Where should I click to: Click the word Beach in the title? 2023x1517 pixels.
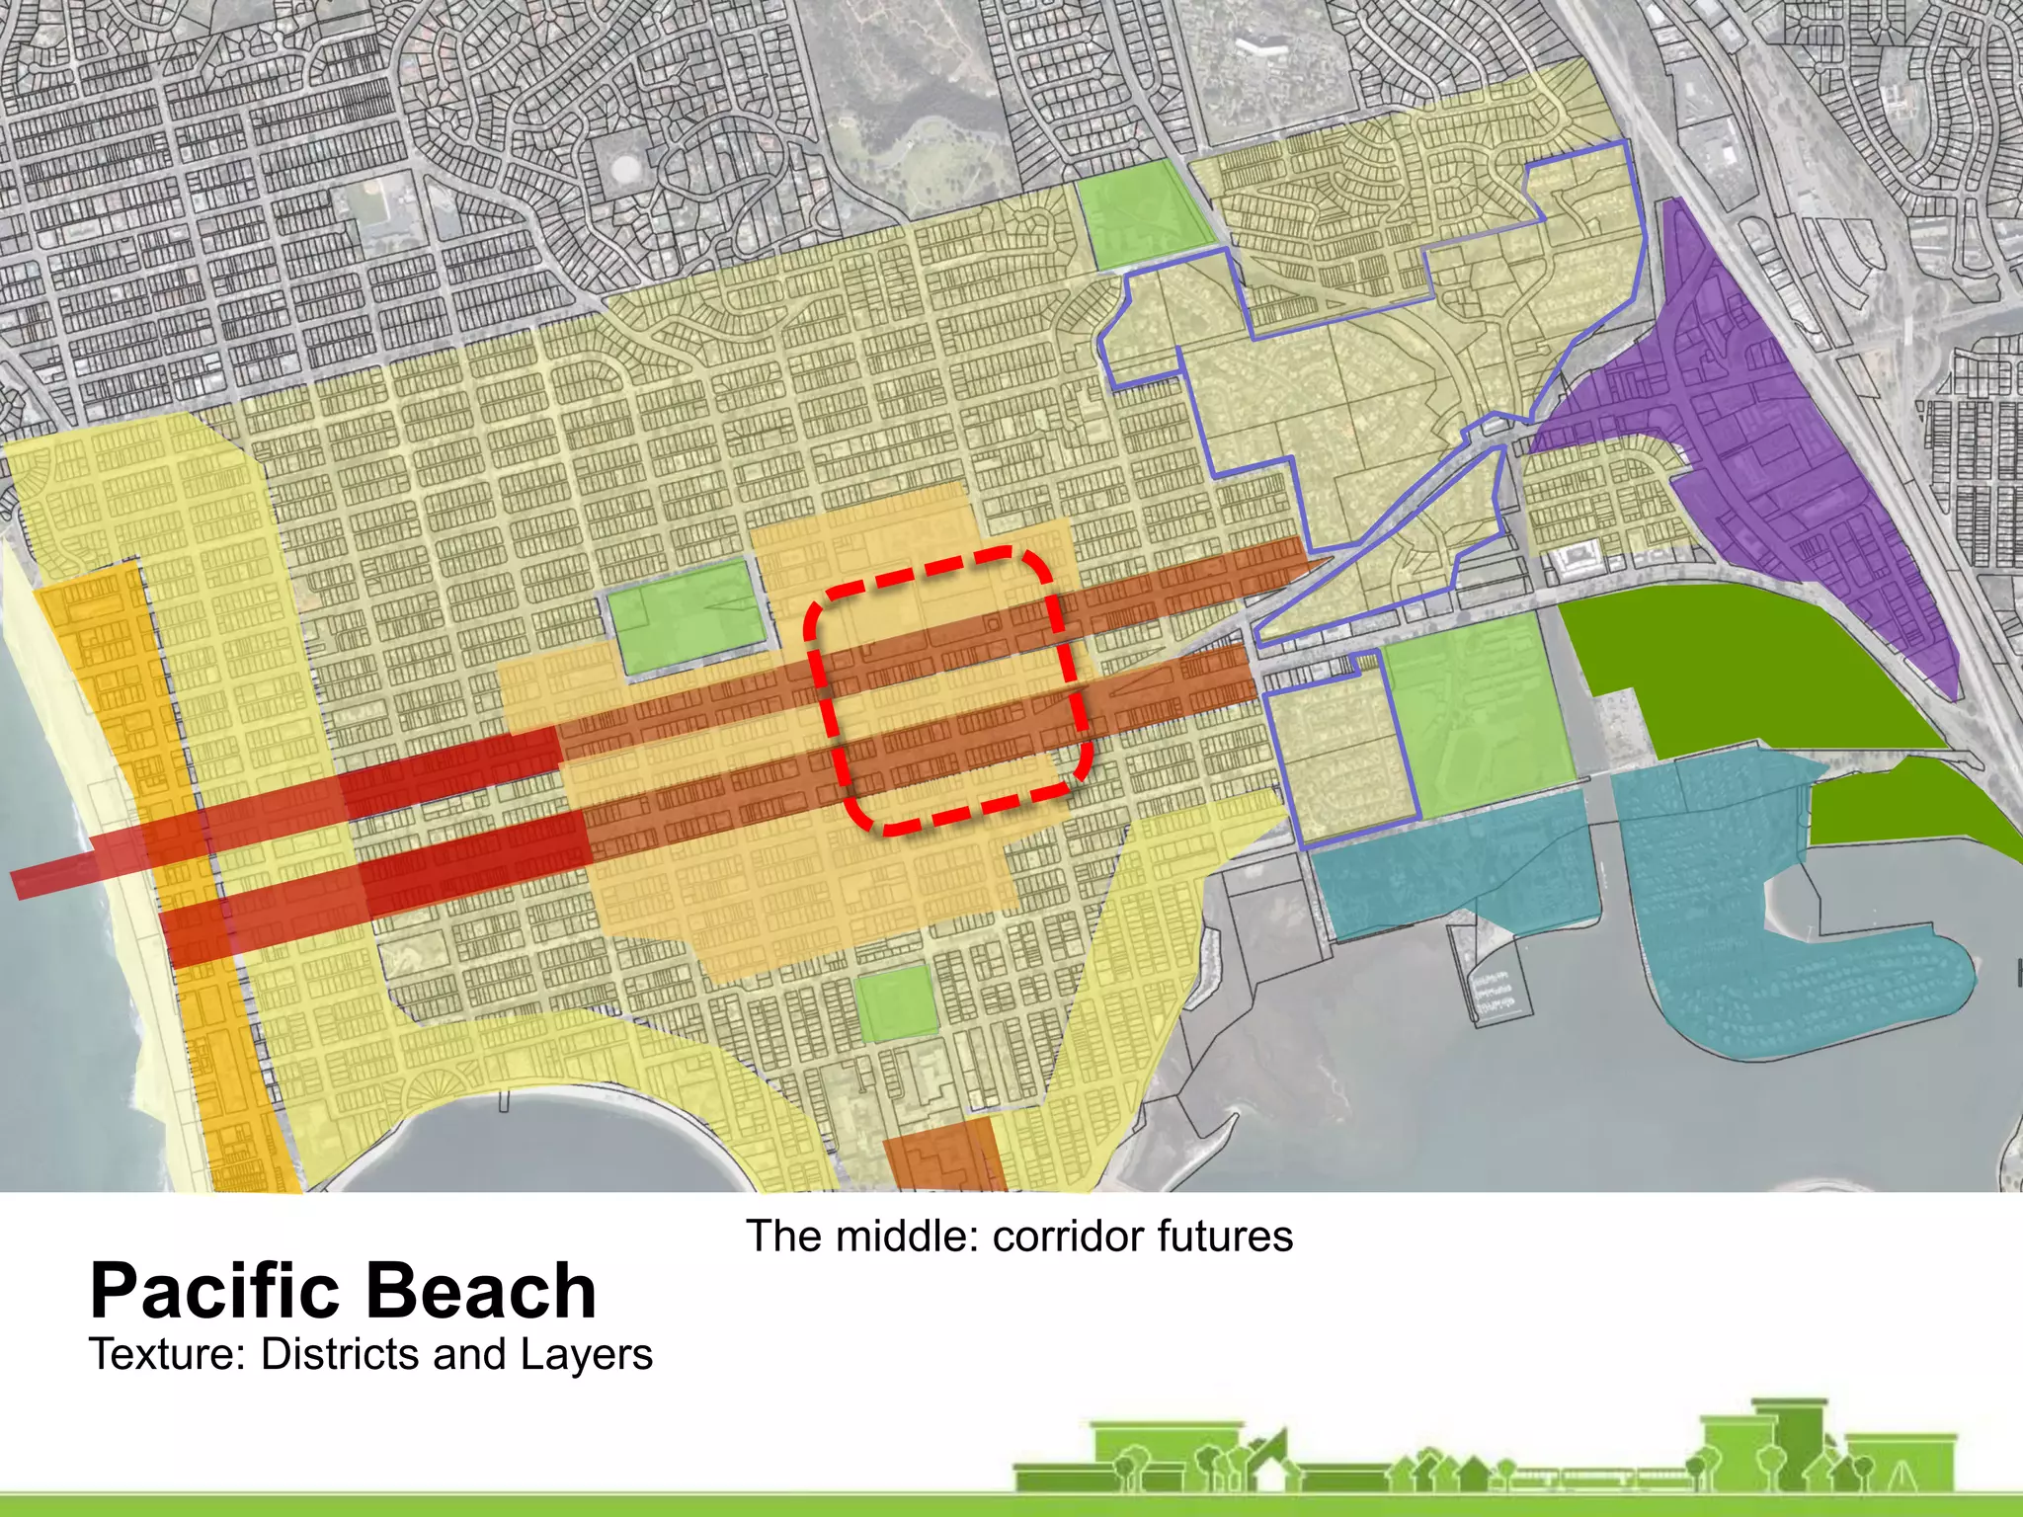(484, 1291)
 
